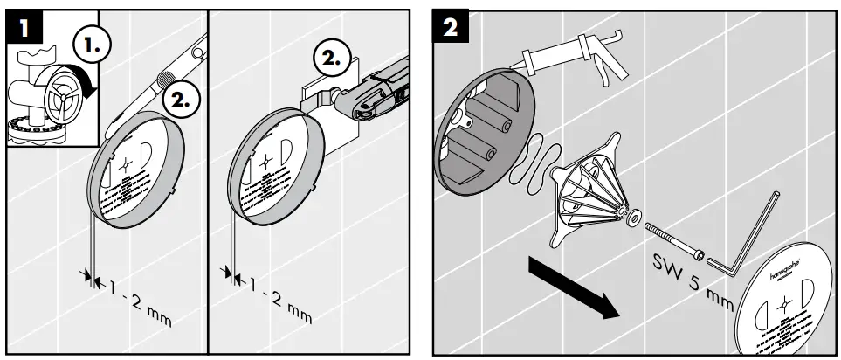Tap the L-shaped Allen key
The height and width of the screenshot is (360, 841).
(742, 240)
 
